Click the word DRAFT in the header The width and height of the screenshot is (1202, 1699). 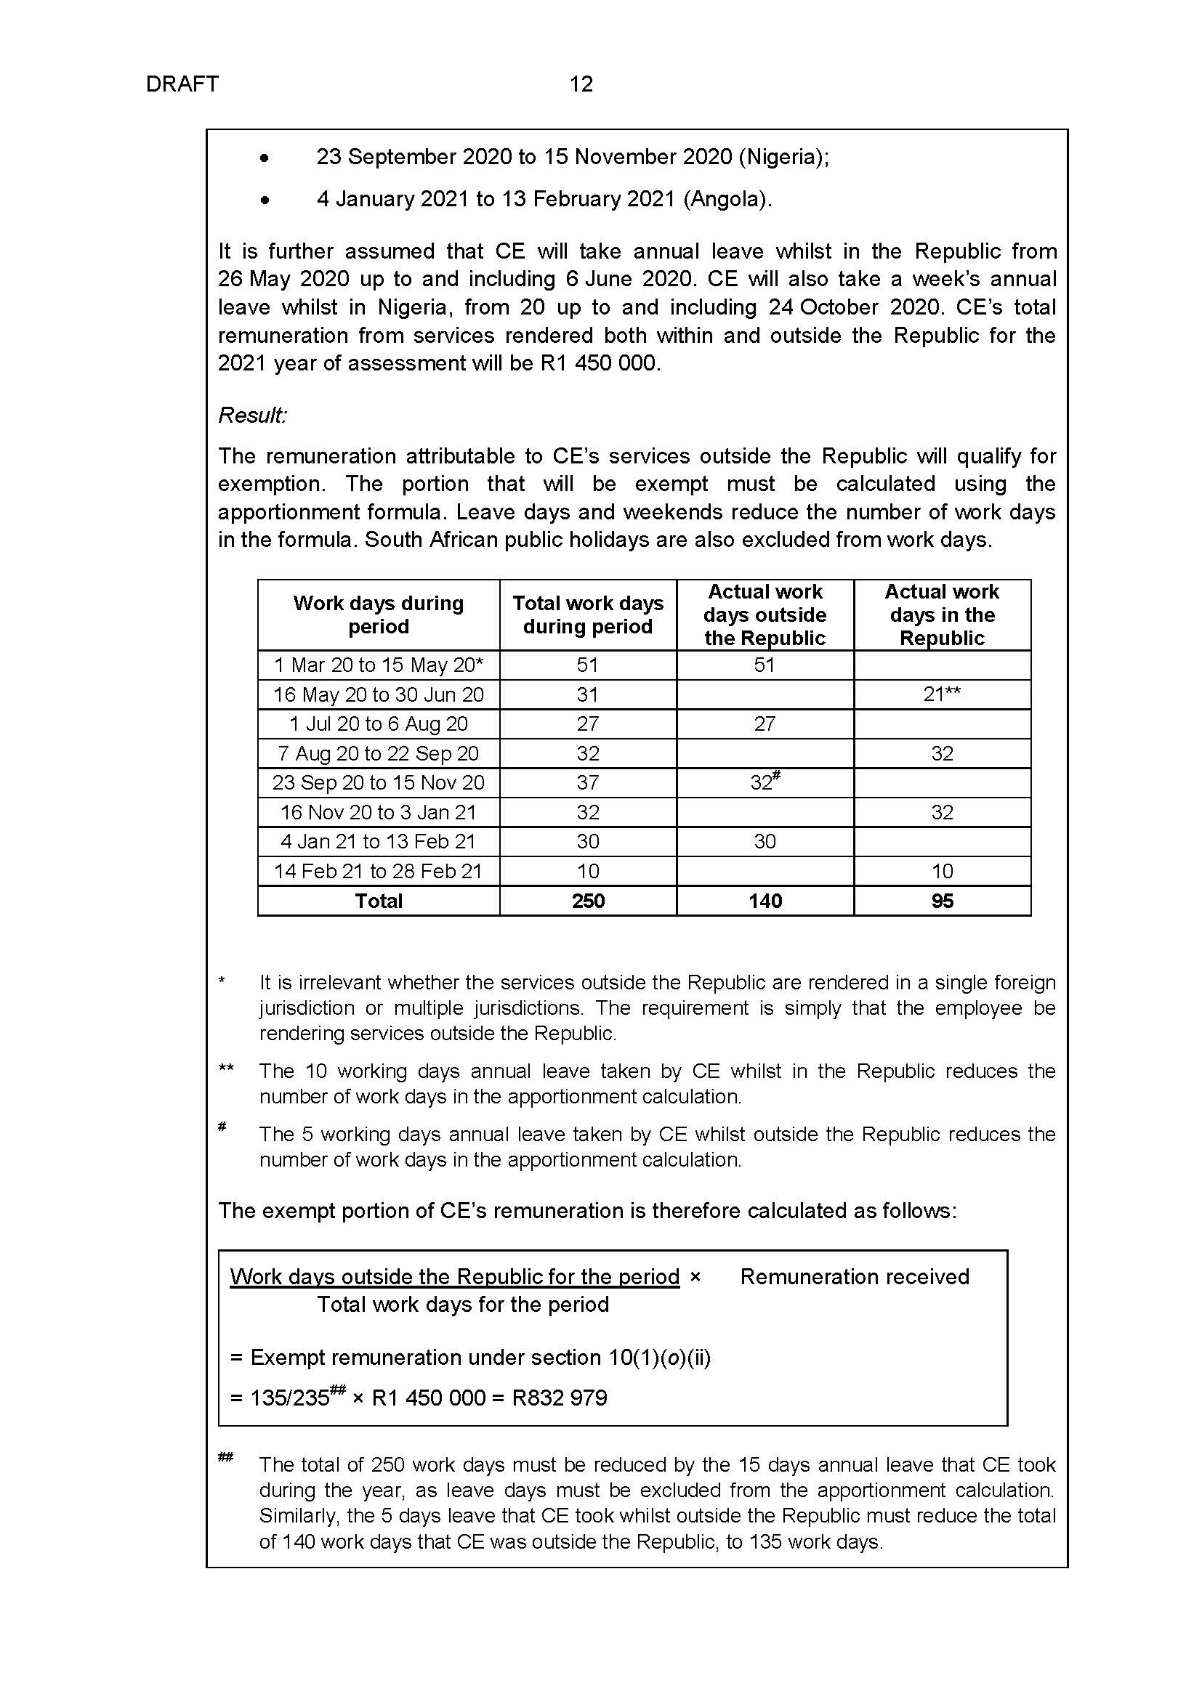tap(182, 84)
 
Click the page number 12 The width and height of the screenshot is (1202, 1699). tap(581, 84)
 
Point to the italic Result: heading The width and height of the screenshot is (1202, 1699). tap(252, 415)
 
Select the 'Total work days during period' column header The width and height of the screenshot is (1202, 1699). tap(588, 615)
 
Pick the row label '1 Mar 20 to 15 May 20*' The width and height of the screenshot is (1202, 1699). tap(378, 665)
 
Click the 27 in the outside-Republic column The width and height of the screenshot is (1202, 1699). tap(765, 723)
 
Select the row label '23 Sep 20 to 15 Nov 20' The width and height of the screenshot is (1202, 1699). tap(378, 783)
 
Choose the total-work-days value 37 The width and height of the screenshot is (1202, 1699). tap(588, 783)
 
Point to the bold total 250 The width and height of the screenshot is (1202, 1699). tap(588, 901)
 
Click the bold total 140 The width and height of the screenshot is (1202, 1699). tap(765, 901)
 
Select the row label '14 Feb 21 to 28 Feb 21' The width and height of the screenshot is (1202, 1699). tap(378, 871)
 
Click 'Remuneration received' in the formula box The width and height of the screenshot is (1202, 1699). tap(854, 1276)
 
